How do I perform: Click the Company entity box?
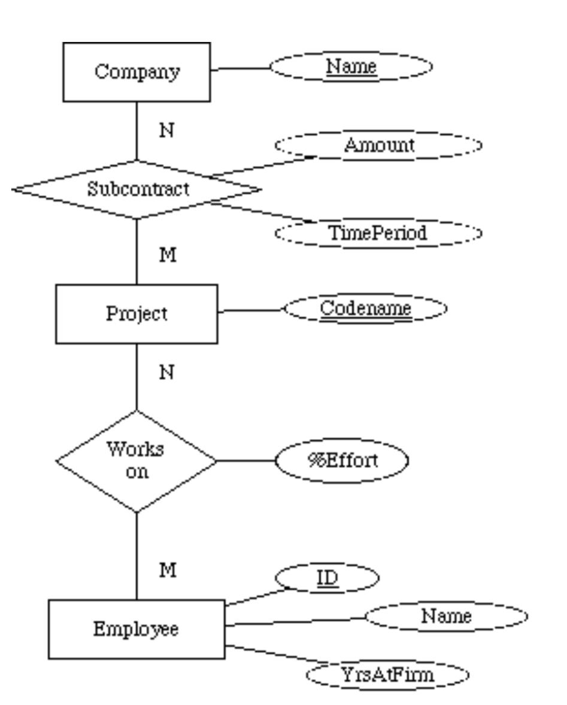coord(137,72)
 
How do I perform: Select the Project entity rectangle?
coord(137,314)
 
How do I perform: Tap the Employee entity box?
coord(137,630)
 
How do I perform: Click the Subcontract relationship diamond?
coord(137,189)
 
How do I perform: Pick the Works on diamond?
coord(137,461)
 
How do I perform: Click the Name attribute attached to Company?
coord(351,66)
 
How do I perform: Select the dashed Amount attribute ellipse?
coord(378,146)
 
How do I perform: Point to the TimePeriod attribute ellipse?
coord(378,232)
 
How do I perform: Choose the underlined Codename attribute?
coord(365,309)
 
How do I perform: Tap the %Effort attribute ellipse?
coord(342,461)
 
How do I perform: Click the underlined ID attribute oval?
coord(328,579)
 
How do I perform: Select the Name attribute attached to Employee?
coord(446,616)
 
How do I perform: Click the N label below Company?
coord(167,131)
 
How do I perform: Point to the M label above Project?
coord(168,255)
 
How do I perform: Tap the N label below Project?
coord(167,373)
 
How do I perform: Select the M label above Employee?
coord(168,571)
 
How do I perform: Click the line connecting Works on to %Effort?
coord(245,461)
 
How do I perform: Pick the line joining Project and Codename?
coord(250,311)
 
